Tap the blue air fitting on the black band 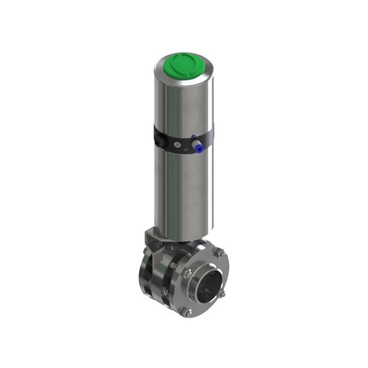(x=198, y=144)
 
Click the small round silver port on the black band (x=178, y=144)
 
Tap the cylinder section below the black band (x=184, y=190)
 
